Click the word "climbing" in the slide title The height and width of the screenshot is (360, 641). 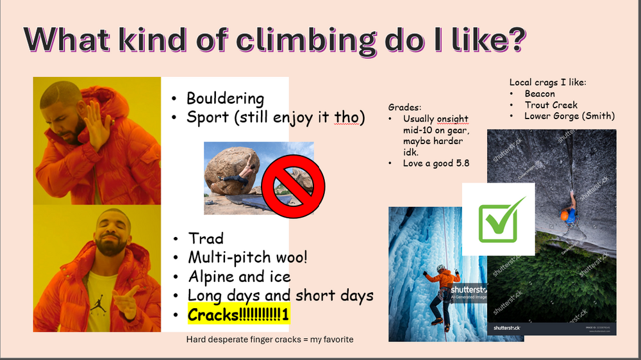pyautogui.click(x=305, y=40)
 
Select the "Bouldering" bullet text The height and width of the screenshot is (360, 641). pyautogui.click(x=225, y=99)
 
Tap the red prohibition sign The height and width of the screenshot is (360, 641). pyautogui.click(x=293, y=186)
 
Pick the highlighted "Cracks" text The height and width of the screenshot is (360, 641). pyautogui.click(x=238, y=315)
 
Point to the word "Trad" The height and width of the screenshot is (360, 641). pyautogui.click(x=206, y=238)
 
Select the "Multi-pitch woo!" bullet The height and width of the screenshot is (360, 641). pyautogui.click(x=247, y=257)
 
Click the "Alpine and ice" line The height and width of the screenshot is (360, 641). pyautogui.click(x=239, y=277)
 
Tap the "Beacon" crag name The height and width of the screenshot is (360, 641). pyautogui.click(x=540, y=94)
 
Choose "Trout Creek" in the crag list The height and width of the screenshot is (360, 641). pyautogui.click(x=551, y=105)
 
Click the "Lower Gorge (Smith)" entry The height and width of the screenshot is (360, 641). pyautogui.click(x=569, y=116)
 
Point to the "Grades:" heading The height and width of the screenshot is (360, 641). pyautogui.click(x=404, y=108)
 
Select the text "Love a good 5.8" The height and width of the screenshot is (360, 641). pyautogui.click(x=436, y=163)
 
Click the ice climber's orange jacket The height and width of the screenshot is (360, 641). pyautogui.click(x=443, y=280)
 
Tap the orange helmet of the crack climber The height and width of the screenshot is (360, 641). pyautogui.click(x=565, y=216)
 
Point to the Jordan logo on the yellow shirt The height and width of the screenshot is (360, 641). pyautogui.click(x=98, y=306)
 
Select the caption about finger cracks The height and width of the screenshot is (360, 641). pyautogui.click(x=270, y=339)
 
